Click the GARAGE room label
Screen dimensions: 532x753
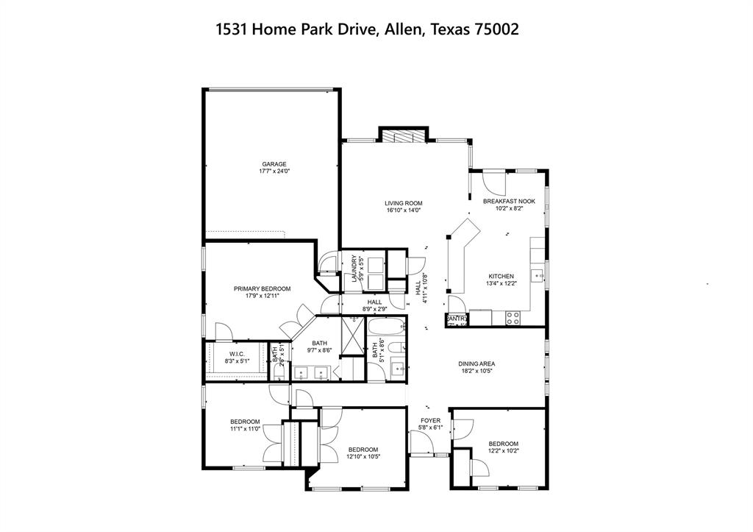[x=274, y=164]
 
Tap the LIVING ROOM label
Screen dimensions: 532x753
[x=404, y=203]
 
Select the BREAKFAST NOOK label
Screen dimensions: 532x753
[x=509, y=201]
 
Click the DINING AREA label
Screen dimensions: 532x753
[x=476, y=363]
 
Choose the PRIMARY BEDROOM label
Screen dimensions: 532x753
[x=262, y=288]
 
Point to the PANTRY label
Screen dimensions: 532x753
[x=456, y=319]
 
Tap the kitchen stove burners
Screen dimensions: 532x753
[x=513, y=317]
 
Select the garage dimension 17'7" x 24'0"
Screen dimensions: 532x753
[x=274, y=171]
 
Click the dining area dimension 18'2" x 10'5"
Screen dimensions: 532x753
[x=476, y=371]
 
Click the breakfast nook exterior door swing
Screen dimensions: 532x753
[x=490, y=180]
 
